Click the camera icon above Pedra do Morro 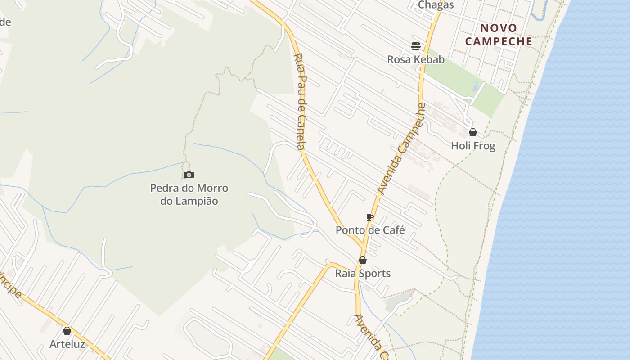click(189, 175)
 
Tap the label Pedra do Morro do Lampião click(189, 194)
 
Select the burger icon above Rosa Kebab click(415, 46)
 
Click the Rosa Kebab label click(416, 59)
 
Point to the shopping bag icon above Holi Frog click(473, 132)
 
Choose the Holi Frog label click(473, 146)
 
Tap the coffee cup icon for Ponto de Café click(370, 217)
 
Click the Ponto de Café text click(370, 230)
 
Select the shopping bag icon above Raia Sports click(363, 260)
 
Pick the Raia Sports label click(363, 274)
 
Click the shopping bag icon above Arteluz click(67, 331)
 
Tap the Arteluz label click(67, 344)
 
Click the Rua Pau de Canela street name click(301, 101)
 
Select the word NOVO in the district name click(499, 28)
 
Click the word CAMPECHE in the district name click(499, 42)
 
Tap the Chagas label click(436, 5)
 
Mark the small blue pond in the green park click(476, 86)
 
